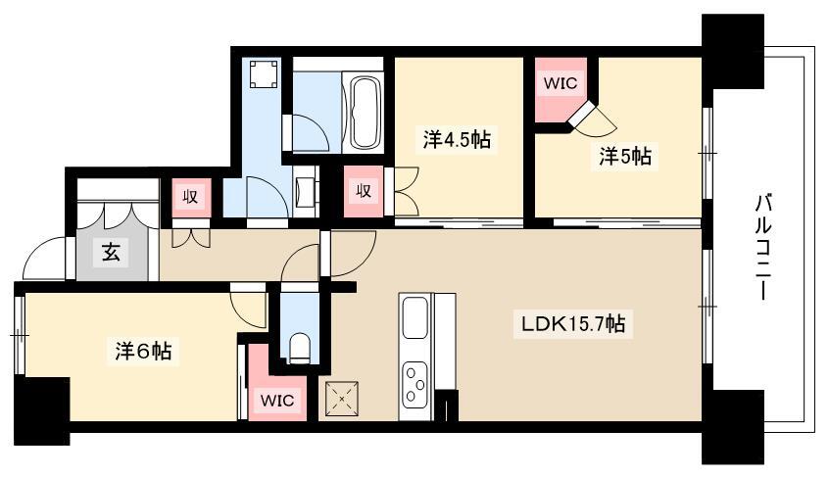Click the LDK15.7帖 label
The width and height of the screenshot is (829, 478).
click(573, 323)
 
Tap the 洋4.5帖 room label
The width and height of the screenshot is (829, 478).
click(457, 140)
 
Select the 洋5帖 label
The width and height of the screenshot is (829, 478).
click(625, 156)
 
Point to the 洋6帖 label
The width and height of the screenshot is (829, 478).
click(143, 351)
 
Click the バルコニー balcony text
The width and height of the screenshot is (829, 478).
click(761, 247)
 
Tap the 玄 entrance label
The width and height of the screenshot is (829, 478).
click(111, 254)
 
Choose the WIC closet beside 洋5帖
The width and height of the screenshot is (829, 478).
click(561, 83)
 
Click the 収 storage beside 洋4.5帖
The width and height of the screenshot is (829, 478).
click(364, 191)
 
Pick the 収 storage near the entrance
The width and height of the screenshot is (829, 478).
click(190, 197)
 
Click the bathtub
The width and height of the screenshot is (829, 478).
click(366, 112)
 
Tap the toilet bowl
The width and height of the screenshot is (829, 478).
click(300, 348)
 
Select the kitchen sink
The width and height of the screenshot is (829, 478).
click(415, 317)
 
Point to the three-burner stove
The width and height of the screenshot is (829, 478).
click(415, 382)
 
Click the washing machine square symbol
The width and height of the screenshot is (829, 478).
click(264, 74)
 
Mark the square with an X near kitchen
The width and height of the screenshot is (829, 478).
click(342, 398)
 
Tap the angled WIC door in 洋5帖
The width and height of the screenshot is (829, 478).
click(581, 113)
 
